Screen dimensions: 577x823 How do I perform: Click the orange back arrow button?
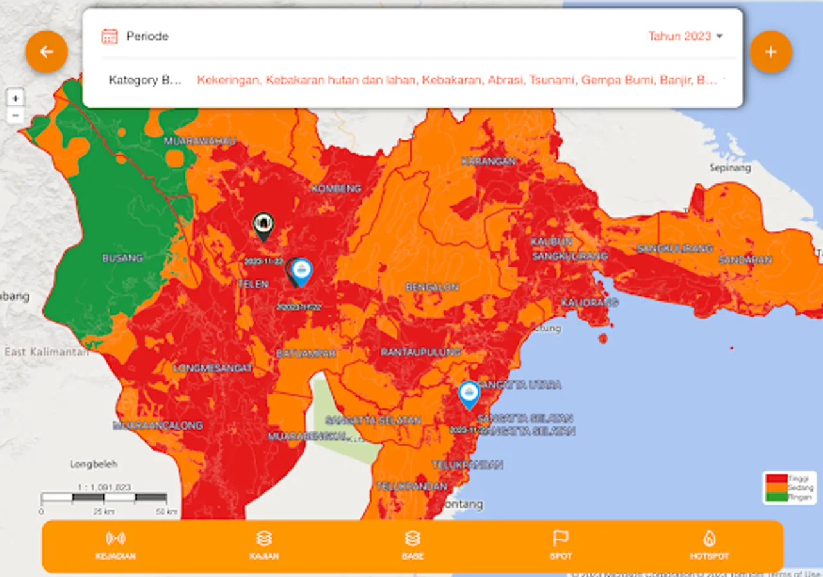[46, 52]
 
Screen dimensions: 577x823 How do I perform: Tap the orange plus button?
[770, 52]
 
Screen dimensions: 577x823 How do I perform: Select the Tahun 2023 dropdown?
[685, 37]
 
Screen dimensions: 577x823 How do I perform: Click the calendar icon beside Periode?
[110, 37]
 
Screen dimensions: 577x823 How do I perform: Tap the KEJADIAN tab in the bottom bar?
[115, 546]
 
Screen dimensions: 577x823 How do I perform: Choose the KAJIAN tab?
[264, 546]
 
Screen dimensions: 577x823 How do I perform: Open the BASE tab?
[412, 546]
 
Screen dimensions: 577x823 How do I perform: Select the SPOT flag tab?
[560, 546]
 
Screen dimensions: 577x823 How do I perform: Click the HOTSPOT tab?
[709, 546]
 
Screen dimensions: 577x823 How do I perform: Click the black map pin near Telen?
[263, 225]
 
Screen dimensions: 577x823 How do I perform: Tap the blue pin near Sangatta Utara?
[469, 394]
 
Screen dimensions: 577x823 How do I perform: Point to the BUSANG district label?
[122, 258]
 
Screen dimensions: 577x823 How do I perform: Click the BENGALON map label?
[432, 287]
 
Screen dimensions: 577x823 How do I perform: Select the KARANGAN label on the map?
[488, 162]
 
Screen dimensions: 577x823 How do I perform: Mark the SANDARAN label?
[745, 260]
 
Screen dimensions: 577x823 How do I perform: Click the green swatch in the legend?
[777, 497]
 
